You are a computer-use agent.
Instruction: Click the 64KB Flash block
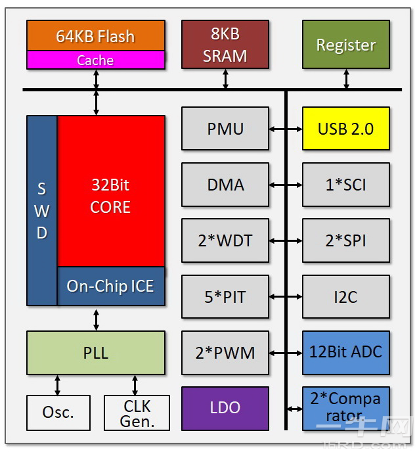point(96,35)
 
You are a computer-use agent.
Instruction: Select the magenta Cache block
point(96,60)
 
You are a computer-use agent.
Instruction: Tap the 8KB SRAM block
point(225,44)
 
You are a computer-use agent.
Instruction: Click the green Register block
point(346,45)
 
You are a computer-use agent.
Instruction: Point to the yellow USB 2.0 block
point(346,128)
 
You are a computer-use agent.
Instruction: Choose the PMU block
point(225,128)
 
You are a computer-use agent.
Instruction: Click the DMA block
point(225,185)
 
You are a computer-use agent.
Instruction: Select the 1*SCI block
point(346,185)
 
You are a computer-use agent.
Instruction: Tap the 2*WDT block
point(225,240)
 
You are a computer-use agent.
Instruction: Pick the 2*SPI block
point(346,240)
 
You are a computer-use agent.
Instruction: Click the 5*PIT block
point(225,297)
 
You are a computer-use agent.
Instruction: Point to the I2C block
point(346,297)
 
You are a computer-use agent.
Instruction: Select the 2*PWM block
point(225,352)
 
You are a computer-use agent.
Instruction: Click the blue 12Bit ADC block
point(346,352)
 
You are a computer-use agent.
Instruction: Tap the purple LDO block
point(225,408)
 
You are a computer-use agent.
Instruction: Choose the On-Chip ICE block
point(110,286)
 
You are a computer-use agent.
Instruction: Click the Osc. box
point(58,413)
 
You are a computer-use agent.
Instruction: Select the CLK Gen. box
point(137,413)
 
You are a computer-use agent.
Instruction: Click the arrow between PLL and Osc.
point(58,385)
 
